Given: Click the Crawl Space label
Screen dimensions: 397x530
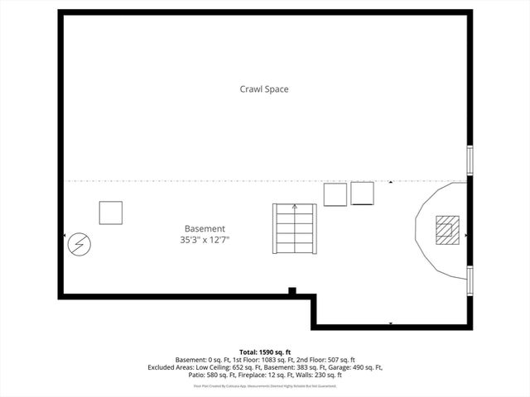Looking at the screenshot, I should click(x=264, y=88).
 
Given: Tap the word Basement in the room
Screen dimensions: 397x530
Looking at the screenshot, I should click(x=204, y=229).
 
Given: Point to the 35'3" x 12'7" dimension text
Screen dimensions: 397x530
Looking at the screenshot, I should click(x=204, y=240).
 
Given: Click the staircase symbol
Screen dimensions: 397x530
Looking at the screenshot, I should click(x=294, y=229).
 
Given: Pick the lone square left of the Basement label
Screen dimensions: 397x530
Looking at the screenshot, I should click(x=110, y=213).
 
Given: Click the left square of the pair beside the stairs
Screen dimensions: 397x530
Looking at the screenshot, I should click(x=335, y=194).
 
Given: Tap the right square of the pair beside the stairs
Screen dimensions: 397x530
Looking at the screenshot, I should click(x=363, y=194).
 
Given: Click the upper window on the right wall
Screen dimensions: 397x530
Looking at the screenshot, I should click(x=470, y=159).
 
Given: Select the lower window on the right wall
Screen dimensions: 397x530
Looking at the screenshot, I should click(x=470, y=280).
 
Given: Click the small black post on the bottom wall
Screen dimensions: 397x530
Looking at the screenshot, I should click(x=291, y=290).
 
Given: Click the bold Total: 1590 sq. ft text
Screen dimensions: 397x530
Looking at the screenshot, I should click(x=265, y=352).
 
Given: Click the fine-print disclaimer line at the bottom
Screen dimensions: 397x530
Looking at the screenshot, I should click(x=265, y=385).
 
